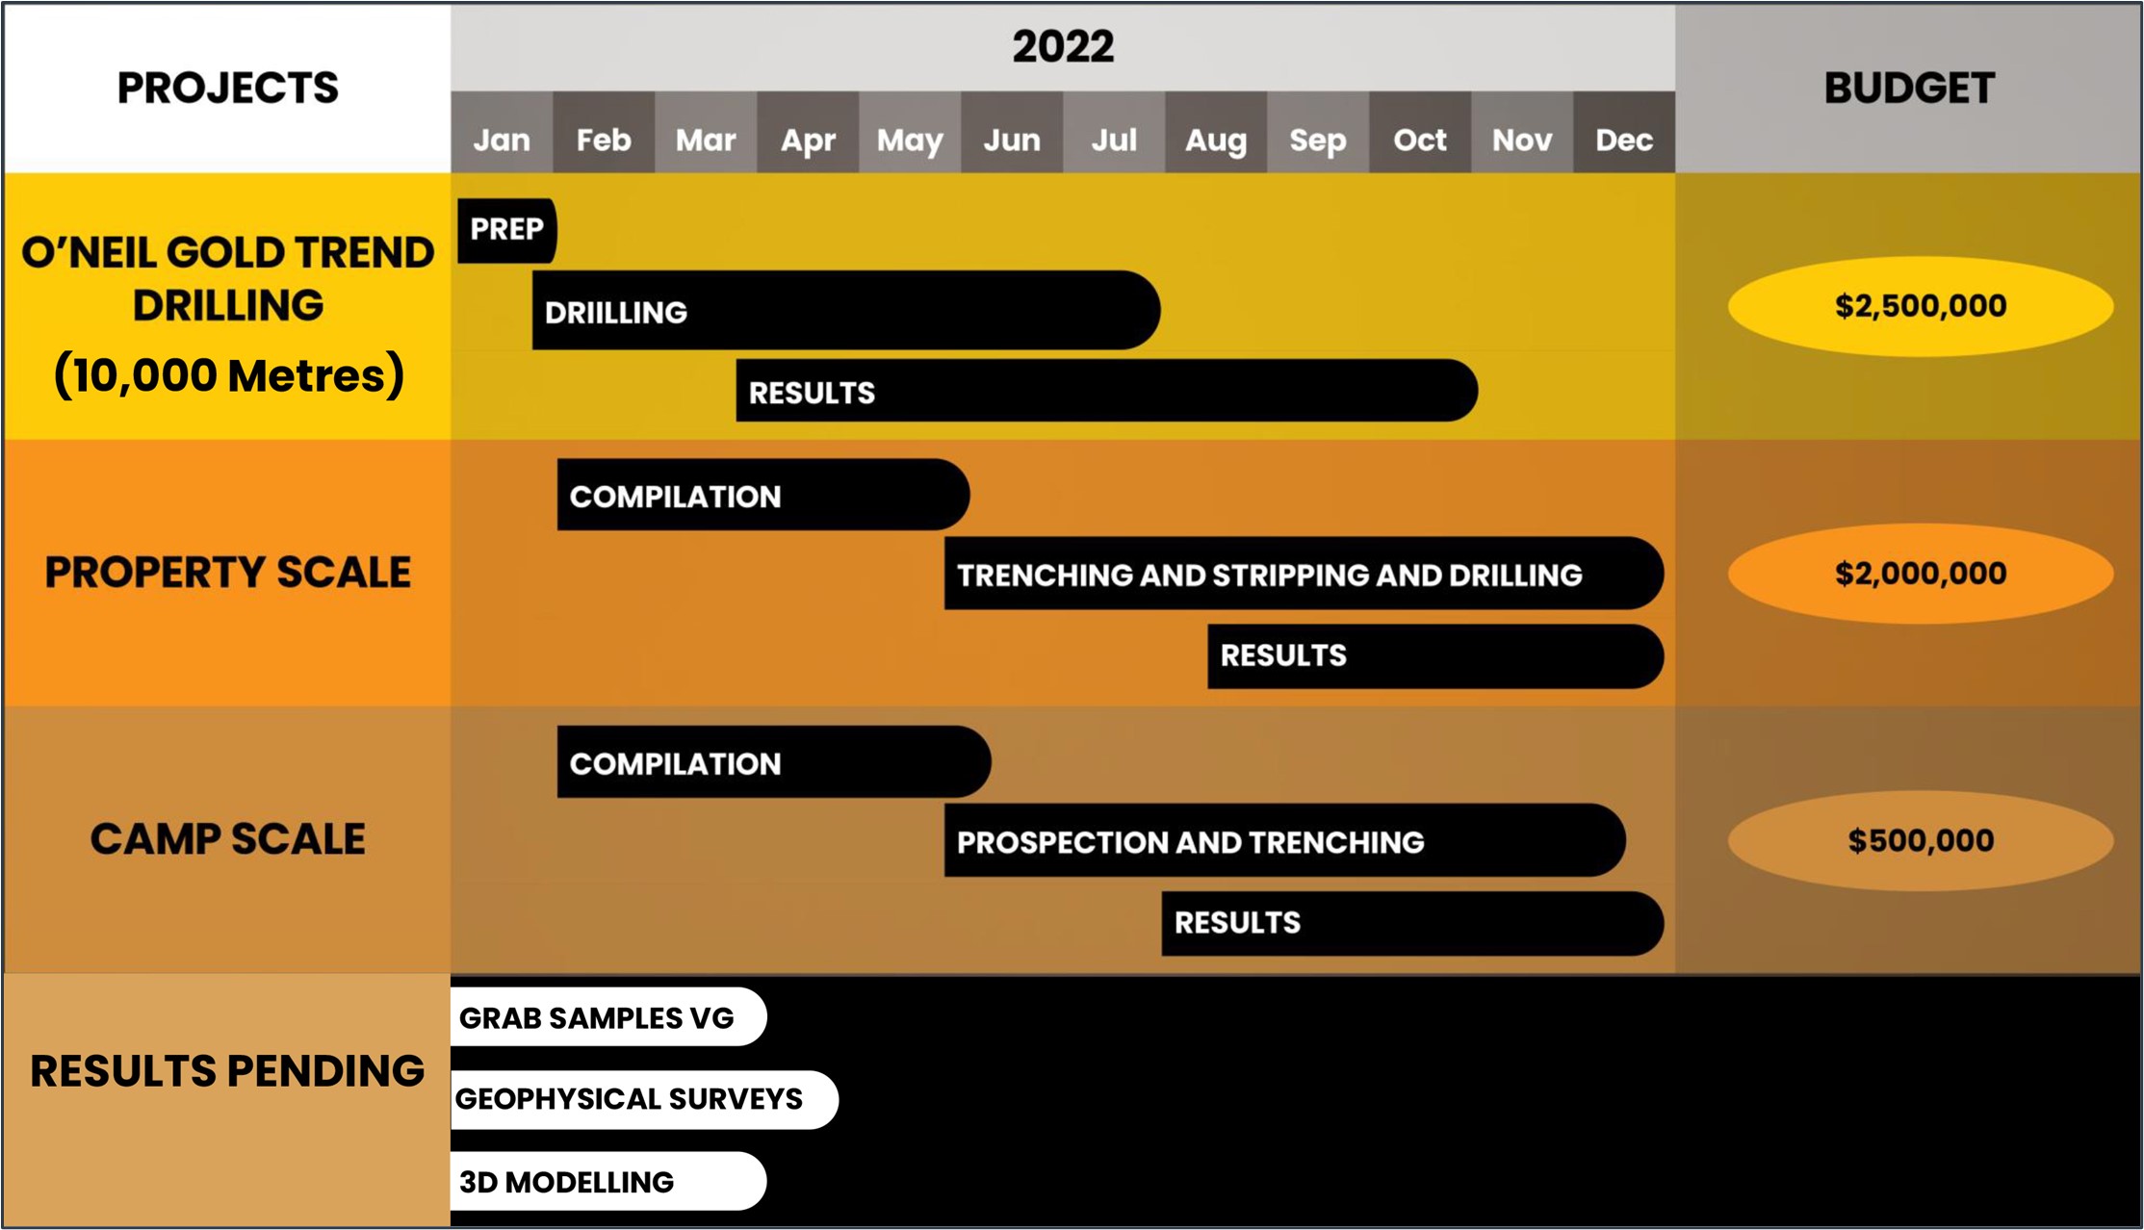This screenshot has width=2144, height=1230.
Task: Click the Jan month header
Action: pos(502,133)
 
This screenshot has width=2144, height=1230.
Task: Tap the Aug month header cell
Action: pos(1216,133)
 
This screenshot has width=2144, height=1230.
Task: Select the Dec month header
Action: pos(1624,133)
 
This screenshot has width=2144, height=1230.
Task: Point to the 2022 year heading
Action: pos(1063,46)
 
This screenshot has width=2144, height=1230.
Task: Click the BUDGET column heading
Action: pos(1909,89)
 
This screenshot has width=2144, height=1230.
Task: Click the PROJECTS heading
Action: pos(228,89)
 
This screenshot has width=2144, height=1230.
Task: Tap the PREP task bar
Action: pos(507,230)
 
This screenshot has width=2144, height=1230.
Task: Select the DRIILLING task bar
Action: pos(846,310)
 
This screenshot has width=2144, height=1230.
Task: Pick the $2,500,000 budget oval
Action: pos(1921,306)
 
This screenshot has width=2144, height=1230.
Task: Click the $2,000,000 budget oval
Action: pos(1921,574)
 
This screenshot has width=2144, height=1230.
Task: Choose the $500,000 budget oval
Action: pos(1921,840)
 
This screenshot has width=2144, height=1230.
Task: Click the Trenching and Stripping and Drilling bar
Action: pos(1304,574)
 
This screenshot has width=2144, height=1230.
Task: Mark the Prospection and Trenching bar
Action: pos(1285,840)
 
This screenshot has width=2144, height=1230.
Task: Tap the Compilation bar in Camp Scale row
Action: pos(774,762)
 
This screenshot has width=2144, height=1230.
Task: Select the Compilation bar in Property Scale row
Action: pos(763,495)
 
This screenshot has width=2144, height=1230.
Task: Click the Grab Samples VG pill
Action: pos(608,1017)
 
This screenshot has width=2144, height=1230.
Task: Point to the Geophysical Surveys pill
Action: pos(644,1099)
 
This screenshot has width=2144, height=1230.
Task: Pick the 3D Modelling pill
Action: pos(608,1181)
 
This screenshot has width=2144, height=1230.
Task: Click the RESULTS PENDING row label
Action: pos(227,1071)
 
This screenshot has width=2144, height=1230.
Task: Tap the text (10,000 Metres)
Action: pos(229,375)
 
